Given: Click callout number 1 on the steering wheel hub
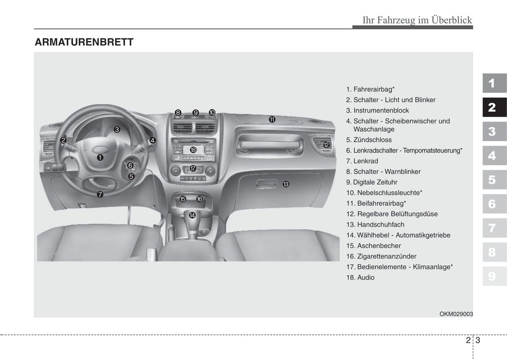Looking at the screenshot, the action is click(100, 158).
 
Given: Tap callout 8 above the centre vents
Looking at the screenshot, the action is click(178, 113).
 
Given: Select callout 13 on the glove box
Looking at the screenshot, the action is click(286, 184).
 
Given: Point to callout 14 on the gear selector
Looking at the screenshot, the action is click(192, 215).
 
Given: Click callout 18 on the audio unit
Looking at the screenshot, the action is click(193, 150).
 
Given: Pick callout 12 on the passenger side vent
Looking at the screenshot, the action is click(326, 145).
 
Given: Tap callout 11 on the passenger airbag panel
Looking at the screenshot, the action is click(272, 119).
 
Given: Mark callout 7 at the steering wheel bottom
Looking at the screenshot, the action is click(100, 194).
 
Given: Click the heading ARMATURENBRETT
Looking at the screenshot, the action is click(84, 42).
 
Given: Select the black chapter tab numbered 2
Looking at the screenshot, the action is click(495, 107).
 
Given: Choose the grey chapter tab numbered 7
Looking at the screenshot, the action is click(495, 228).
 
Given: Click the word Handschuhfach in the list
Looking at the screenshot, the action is click(381, 224).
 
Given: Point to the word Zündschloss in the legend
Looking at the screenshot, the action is click(373, 140).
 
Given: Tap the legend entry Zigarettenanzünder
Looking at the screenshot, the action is click(387, 256).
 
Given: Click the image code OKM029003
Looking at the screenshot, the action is click(456, 314).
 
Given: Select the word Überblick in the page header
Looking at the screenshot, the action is click(452, 20).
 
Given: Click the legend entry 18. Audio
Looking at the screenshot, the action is click(360, 277).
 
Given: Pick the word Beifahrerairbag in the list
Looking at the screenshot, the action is click(380, 203).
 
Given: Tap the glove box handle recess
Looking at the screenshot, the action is click(266, 184).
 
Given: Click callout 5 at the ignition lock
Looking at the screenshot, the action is click(131, 176).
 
